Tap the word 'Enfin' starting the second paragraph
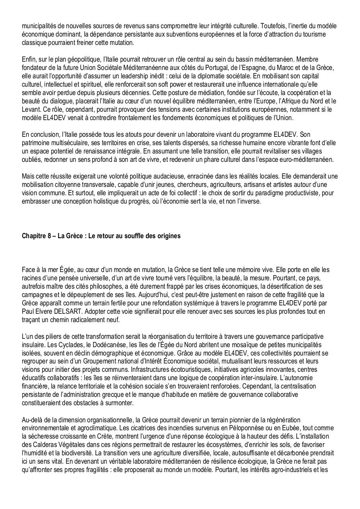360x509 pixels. pyautogui.click(x=29, y=59)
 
